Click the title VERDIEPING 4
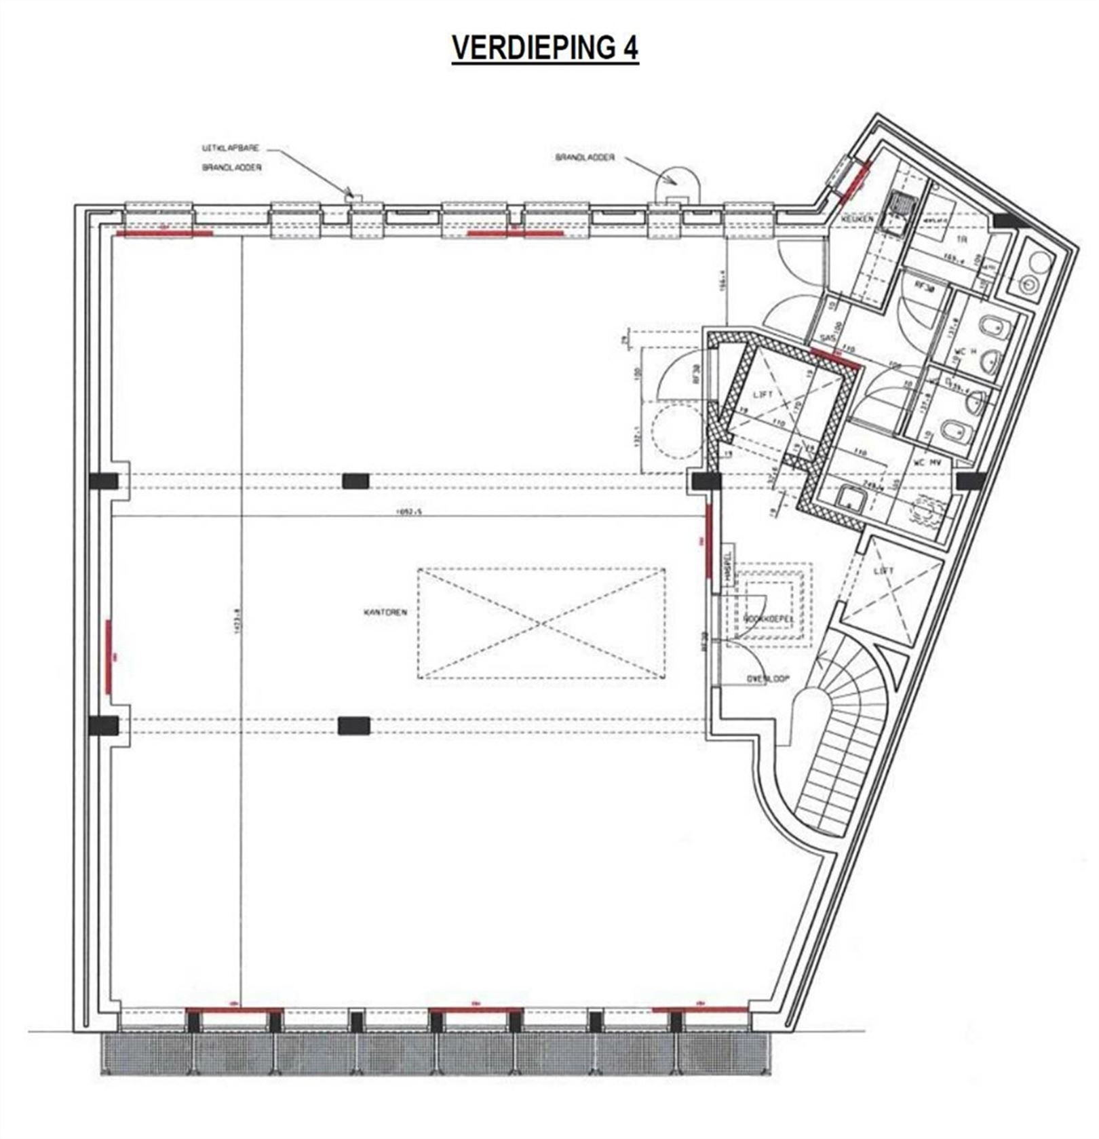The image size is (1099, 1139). click(x=545, y=48)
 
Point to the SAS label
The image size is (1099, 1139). click(x=826, y=336)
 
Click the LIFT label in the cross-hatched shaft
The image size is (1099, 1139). click(x=764, y=395)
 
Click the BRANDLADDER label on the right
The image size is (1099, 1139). click(x=585, y=157)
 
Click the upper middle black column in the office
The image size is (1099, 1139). click(x=355, y=481)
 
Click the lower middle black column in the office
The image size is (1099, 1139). click(x=355, y=726)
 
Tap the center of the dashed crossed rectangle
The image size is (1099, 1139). click(x=541, y=623)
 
